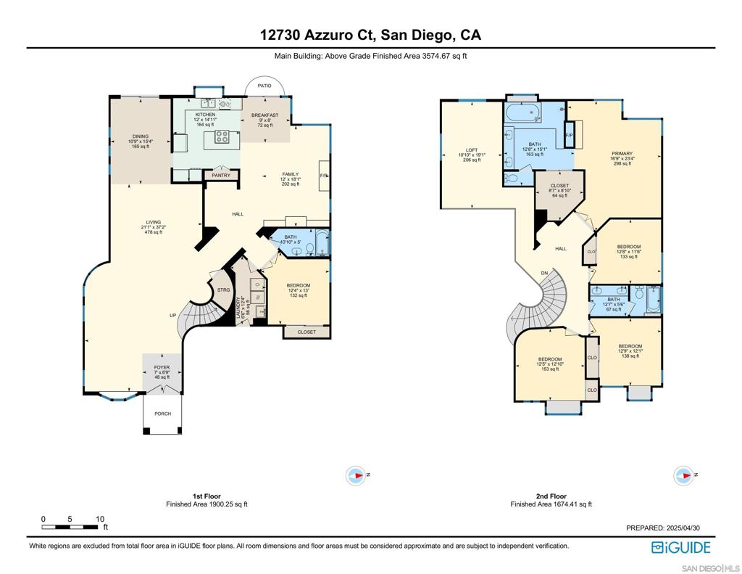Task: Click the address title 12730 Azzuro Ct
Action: click(x=370, y=34)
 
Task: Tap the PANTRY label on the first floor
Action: click(x=221, y=175)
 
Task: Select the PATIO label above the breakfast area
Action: click(x=264, y=86)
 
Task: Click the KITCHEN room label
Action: click(x=205, y=115)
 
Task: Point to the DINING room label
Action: click(x=139, y=135)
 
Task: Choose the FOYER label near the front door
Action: click(x=162, y=368)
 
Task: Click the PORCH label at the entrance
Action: click(x=162, y=414)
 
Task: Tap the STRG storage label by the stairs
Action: click(x=223, y=290)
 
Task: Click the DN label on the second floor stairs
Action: click(x=544, y=274)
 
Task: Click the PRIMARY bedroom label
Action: click(x=622, y=153)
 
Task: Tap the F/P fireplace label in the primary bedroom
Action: click(x=569, y=135)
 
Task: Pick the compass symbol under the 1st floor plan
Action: click(x=356, y=475)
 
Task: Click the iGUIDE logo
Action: click(x=680, y=547)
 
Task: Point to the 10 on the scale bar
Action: click(x=99, y=519)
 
